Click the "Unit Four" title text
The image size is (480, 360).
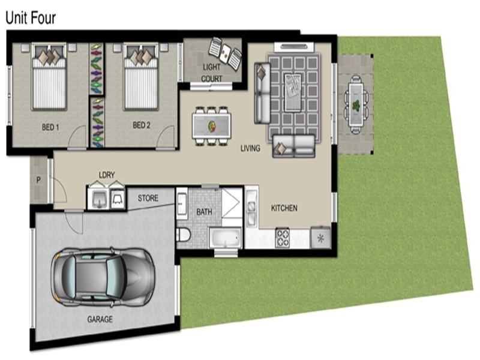(x=31, y=17)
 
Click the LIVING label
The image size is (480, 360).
(x=250, y=148)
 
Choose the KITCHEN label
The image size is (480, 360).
(x=284, y=208)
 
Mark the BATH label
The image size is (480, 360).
(x=205, y=212)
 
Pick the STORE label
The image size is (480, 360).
(x=148, y=197)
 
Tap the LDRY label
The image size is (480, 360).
(x=106, y=175)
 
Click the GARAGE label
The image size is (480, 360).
(x=100, y=319)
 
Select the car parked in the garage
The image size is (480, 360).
(x=102, y=275)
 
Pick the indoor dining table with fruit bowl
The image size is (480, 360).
(x=211, y=125)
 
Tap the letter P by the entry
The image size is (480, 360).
(x=38, y=179)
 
